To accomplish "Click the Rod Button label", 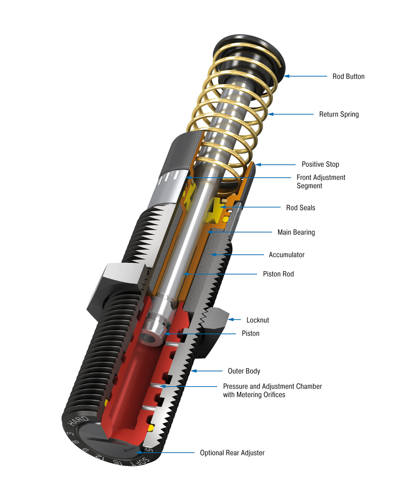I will pos(348,77).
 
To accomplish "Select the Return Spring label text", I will pos(339,114).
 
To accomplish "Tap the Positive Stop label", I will pos(320,164).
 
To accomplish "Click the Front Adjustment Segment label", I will pos(321,182).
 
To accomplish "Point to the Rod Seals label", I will pos(300,207).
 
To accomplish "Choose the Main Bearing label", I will pos(296,232).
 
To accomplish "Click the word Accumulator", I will pos(287,254).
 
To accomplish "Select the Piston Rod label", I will pos(278,274).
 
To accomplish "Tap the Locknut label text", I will pos(257,320).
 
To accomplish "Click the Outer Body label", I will pos(244,371).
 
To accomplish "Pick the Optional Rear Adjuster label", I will pos(232,453).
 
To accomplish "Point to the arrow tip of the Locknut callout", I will pos(229,320).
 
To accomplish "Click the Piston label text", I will pos(250,333).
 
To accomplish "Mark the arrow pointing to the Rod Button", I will pos(287,76).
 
